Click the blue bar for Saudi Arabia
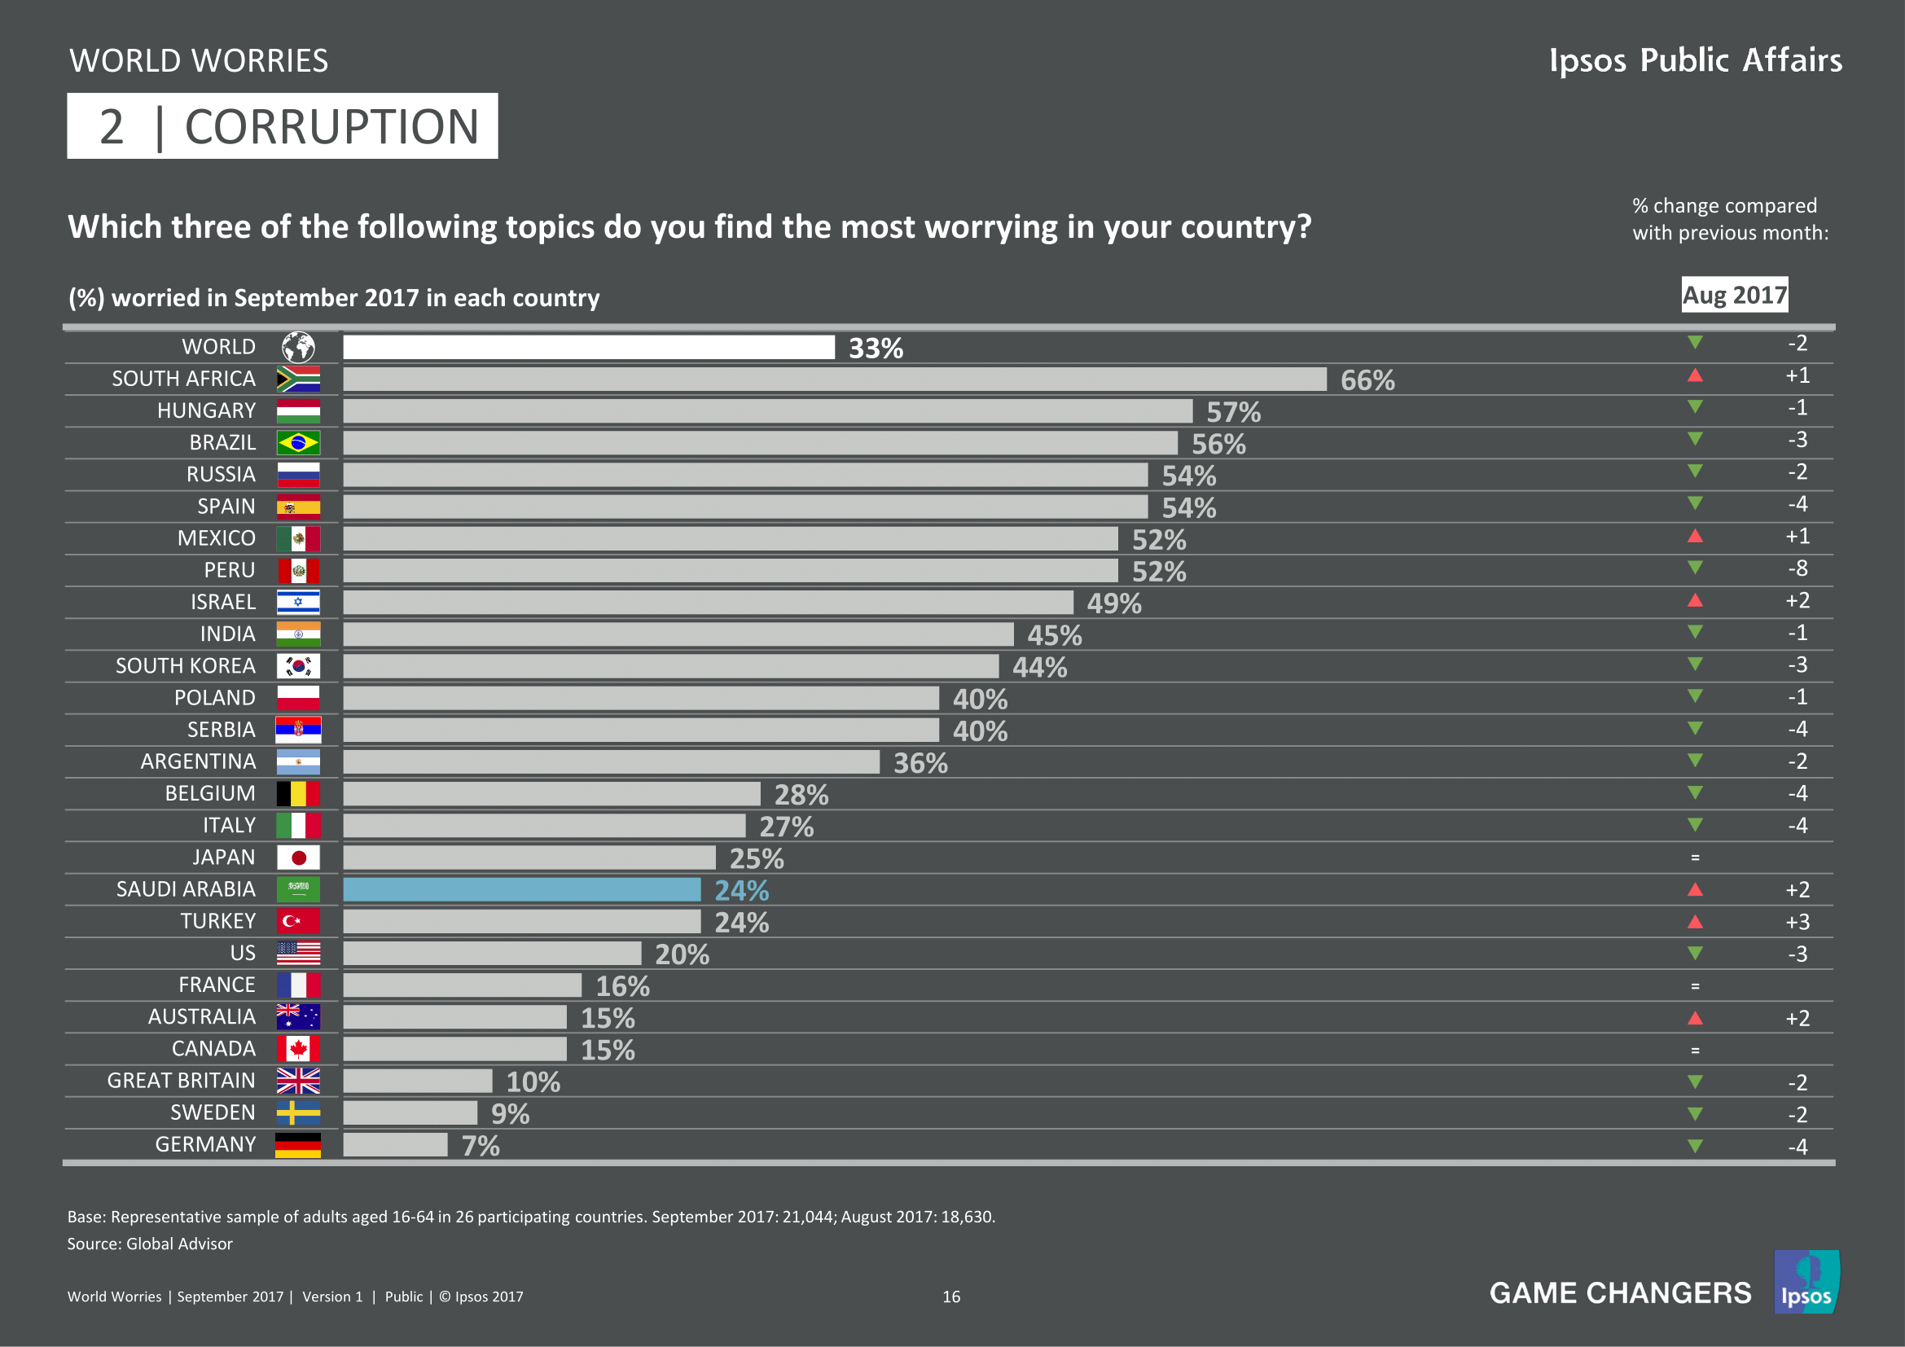point(522,890)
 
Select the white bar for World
point(588,348)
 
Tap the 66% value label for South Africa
point(1367,380)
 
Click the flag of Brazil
point(298,443)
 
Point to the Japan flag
point(298,858)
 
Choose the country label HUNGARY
point(207,410)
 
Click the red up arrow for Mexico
point(1695,537)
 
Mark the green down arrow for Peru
point(1695,568)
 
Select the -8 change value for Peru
point(1797,569)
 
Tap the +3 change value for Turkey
point(1797,923)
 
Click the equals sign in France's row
point(1695,986)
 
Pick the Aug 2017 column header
point(1734,296)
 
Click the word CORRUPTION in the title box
point(331,127)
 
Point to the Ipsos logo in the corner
point(1806,1283)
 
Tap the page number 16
point(950,1297)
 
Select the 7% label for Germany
point(481,1147)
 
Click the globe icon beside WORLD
point(298,347)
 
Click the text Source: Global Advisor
point(150,1244)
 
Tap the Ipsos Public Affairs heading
point(1695,60)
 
